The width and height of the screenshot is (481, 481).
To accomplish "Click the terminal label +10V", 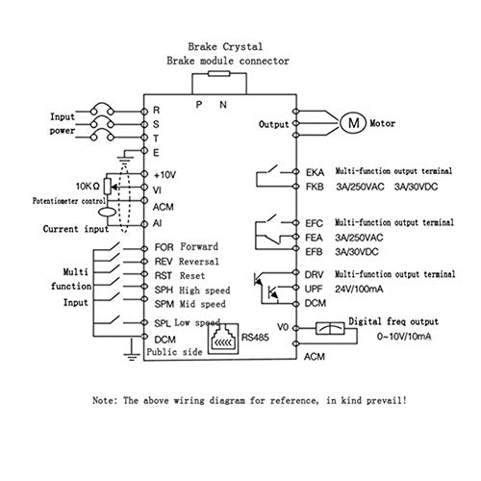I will click(x=164, y=176).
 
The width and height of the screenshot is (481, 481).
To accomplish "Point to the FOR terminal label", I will click(x=163, y=246).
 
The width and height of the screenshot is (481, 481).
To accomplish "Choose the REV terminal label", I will click(x=163, y=261).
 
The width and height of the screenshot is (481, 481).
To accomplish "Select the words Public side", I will click(x=172, y=354).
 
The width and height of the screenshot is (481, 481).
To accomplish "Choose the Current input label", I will click(x=54, y=230).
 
